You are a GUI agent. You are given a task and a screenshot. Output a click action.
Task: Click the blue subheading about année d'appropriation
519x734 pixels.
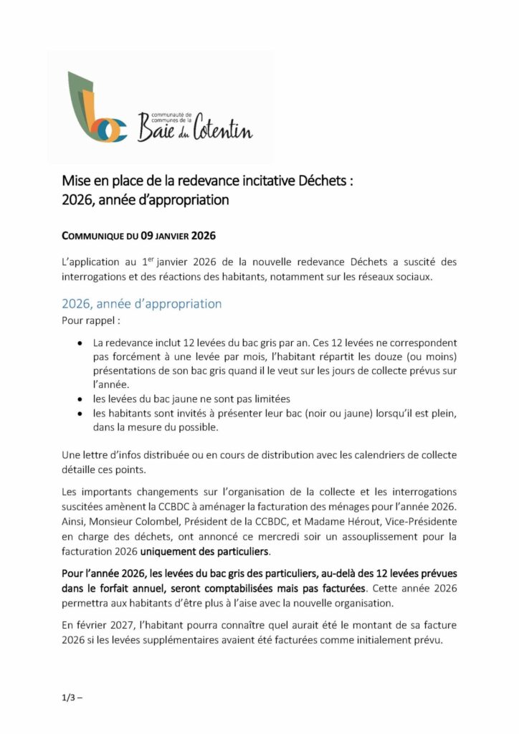141,303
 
